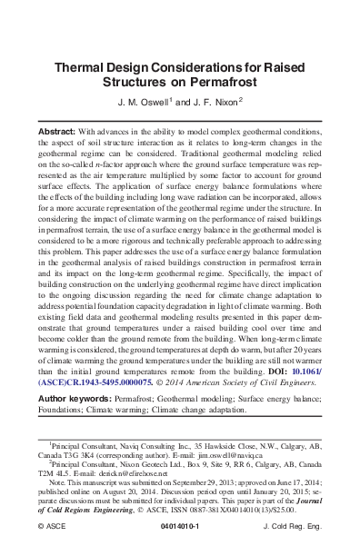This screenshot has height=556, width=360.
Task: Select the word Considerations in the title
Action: tap(201, 66)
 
